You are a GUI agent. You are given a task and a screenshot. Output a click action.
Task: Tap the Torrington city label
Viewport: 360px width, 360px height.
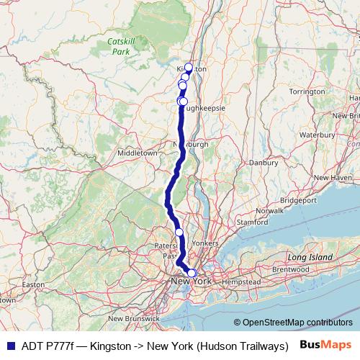pos(307,91)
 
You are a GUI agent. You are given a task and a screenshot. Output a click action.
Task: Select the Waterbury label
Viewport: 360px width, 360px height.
pos(318,134)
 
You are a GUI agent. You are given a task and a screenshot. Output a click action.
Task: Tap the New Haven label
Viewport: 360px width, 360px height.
pos(331,177)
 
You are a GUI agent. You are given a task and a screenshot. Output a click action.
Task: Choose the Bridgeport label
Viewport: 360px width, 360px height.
pos(298,199)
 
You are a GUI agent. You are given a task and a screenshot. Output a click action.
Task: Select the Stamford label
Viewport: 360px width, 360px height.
pos(252,222)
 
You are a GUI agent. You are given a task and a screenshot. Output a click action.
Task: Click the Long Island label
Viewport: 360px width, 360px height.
pos(310,257)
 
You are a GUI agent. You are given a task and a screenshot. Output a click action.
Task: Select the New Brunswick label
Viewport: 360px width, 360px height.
pos(133,318)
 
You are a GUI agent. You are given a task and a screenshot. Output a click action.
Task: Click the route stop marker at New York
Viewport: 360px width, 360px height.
pos(192,273)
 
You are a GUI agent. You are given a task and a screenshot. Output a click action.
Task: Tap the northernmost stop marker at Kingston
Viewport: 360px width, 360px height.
pos(189,67)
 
